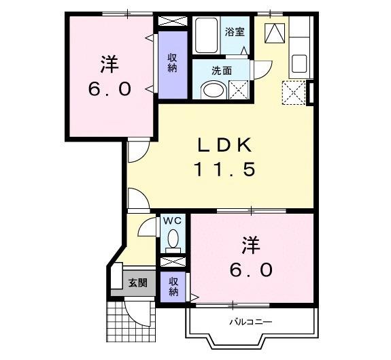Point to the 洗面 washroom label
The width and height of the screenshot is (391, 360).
coord(222,69)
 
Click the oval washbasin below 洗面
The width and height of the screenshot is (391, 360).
coord(212,91)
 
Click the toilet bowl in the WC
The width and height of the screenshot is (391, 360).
coord(173,239)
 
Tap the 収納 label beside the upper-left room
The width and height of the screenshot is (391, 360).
coord(173,63)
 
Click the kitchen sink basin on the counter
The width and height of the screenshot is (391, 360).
coord(300,65)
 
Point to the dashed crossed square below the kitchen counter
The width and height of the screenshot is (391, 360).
coord(293,92)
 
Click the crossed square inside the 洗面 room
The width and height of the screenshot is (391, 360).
coord(239,90)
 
